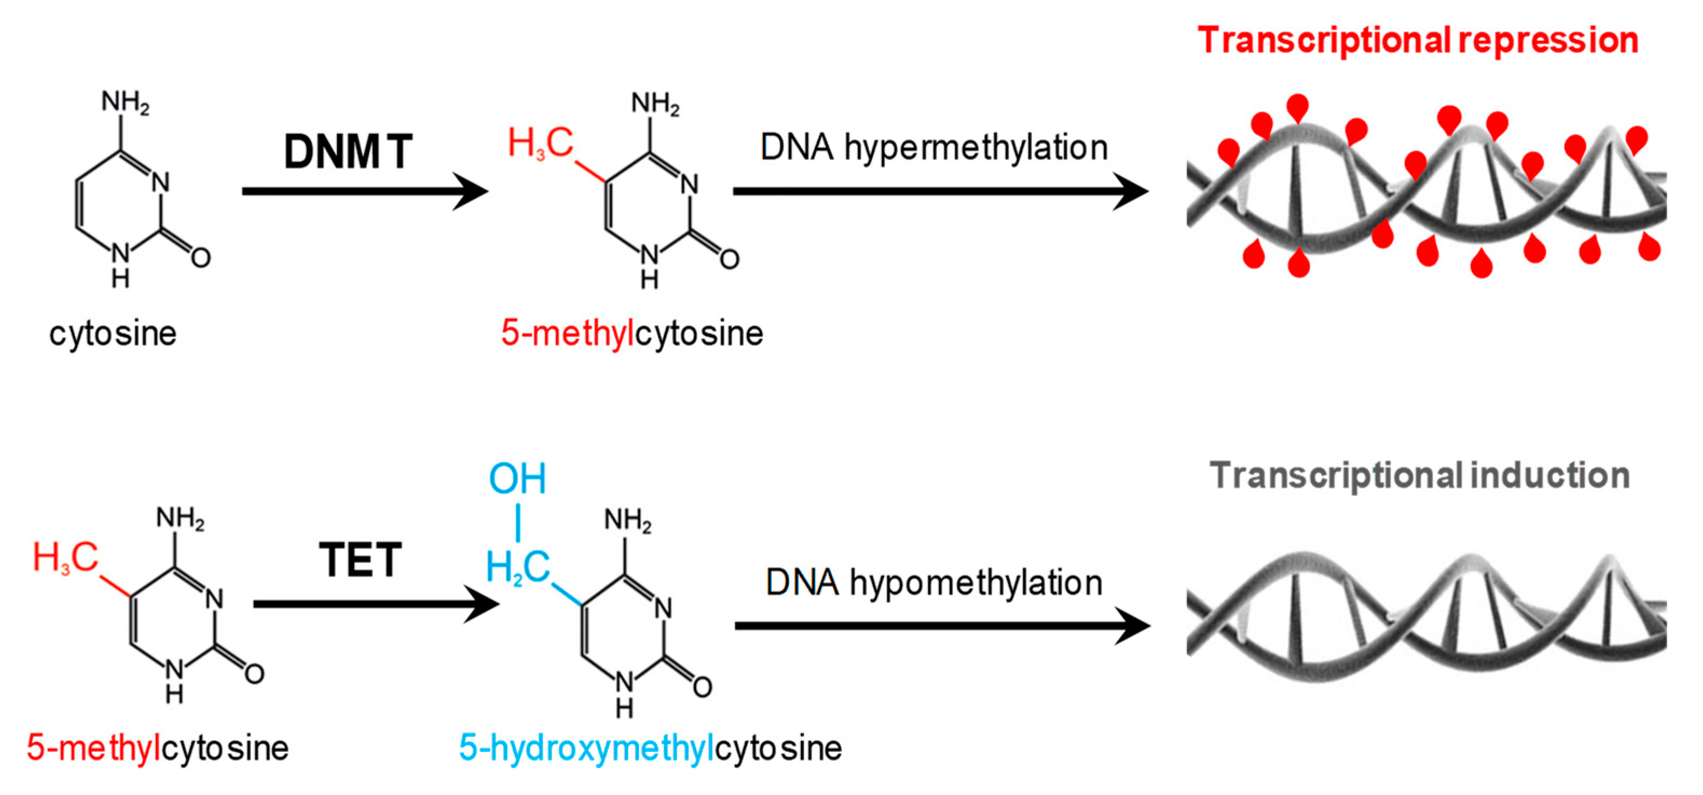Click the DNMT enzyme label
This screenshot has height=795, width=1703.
(x=348, y=152)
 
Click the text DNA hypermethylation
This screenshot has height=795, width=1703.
(x=934, y=147)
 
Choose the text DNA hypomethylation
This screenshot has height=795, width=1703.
(x=934, y=582)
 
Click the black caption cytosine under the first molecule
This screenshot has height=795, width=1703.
(x=113, y=334)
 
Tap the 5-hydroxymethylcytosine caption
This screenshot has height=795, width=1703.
(x=650, y=748)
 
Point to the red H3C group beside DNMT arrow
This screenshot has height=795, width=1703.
(x=540, y=143)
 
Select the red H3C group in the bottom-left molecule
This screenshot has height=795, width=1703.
(x=65, y=558)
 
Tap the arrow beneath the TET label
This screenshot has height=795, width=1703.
(x=377, y=604)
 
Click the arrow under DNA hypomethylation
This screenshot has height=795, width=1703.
(x=943, y=626)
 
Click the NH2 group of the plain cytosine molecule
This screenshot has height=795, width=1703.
(x=126, y=102)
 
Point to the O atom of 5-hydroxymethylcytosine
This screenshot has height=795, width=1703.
(x=702, y=687)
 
